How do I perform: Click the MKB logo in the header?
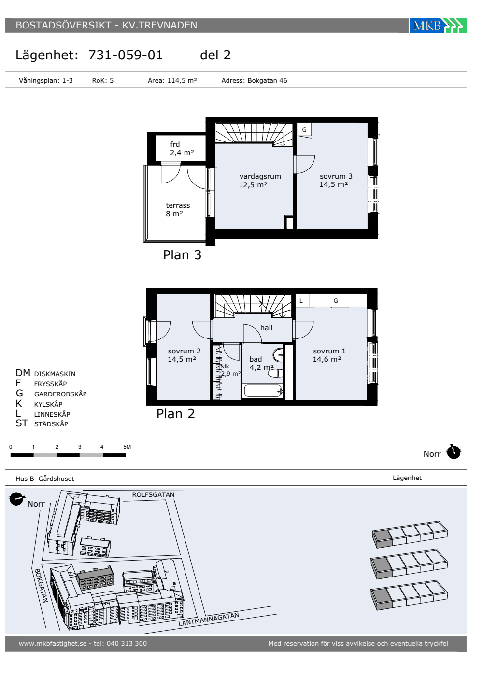coord(438,26)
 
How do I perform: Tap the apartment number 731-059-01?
coord(125,55)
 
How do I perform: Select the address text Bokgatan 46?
coord(267,81)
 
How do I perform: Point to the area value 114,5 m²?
coord(182,81)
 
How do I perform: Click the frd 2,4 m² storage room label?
coord(182,149)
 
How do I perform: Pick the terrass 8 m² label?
coord(178,210)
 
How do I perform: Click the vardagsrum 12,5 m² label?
coord(260,181)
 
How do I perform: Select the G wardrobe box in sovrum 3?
coord(304,130)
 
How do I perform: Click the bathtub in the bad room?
coord(263,391)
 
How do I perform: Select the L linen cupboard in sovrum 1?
coord(301,300)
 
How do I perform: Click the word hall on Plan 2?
coord(266,328)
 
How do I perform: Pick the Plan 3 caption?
coord(182,255)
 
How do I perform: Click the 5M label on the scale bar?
coord(127,447)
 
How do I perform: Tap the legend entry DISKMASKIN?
coord(55,374)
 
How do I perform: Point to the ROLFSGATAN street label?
coord(153,494)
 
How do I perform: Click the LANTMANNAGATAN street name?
coord(209,619)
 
